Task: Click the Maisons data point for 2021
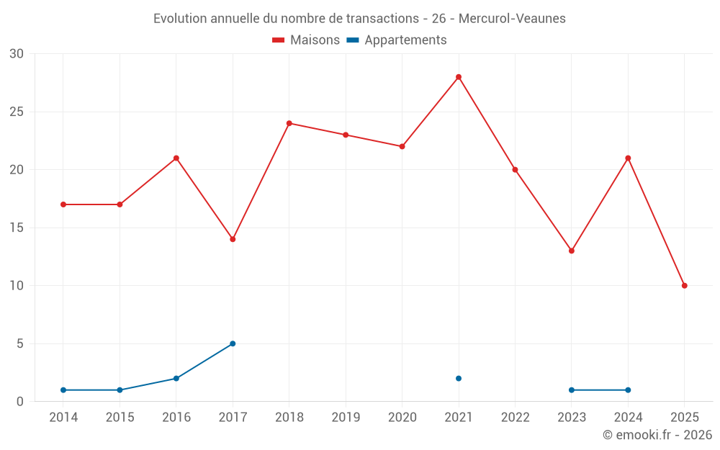(x=459, y=77)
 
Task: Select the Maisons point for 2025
(x=685, y=286)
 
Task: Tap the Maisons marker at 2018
(x=289, y=123)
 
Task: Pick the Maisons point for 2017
(x=233, y=239)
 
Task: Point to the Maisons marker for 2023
(x=572, y=251)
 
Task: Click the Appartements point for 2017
(x=233, y=343)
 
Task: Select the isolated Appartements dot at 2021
(x=459, y=379)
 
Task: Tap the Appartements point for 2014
(x=63, y=390)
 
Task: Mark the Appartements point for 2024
(x=628, y=390)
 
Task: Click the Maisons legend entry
(x=306, y=40)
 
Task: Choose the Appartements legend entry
(x=397, y=40)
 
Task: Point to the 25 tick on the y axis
(x=17, y=112)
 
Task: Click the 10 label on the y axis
(x=17, y=286)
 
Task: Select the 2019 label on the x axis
(x=346, y=418)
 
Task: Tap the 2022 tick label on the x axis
(x=515, y=418)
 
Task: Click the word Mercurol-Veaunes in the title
(x=511, y=19)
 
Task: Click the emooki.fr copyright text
(x=657, y=435)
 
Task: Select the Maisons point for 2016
(x=176, y=158)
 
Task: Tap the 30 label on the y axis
(x=17, y=54)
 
